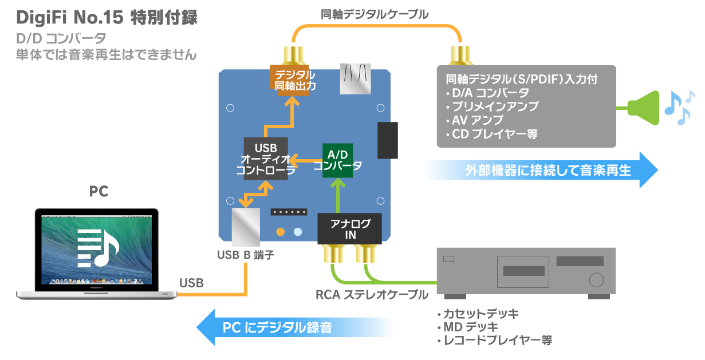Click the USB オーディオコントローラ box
(265, 159)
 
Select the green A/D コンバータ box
(337, 160)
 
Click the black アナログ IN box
(350, 228)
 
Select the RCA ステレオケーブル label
(372, 295)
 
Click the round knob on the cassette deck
(596, 280)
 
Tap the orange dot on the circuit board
(280, 232)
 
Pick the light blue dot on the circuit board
(297, 232)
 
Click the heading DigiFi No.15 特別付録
(107, 17)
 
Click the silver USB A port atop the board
(356, 78)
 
